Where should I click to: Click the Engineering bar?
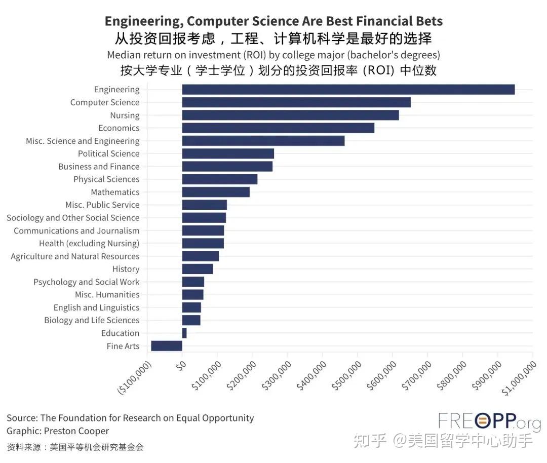tap(348, 90)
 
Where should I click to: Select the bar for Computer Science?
tap(296, 102)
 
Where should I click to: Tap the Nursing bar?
tap(290, 115)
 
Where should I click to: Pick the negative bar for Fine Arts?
tap(167, 346)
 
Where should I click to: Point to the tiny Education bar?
tap(184, 333)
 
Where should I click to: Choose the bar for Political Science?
tap(228, 153)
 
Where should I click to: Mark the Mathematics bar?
tap(216, 192)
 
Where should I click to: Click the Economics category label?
tap(119, 128)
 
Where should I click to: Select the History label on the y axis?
tap(126, 269)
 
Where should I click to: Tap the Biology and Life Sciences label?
tap(91, 320)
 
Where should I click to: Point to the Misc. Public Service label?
tap(102, 205)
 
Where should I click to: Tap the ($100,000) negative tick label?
tap(135, 378)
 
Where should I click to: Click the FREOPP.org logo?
tap(489, 421)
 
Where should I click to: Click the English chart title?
tap(273, 21)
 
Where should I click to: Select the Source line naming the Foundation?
tap(130, 418)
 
